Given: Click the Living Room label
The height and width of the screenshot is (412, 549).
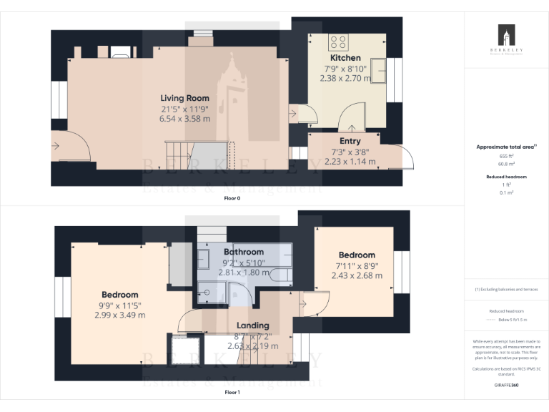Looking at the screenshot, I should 184,98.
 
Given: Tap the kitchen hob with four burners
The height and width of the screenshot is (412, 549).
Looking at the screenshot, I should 337,41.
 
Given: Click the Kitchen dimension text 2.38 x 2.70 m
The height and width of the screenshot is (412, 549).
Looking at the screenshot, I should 345,78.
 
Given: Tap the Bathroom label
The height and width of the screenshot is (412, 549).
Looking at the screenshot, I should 243,252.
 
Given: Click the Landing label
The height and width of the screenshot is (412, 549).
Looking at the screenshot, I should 252,325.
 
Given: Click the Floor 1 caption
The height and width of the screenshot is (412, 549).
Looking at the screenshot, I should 232,392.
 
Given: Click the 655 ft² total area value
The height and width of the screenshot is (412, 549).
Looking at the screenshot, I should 506,155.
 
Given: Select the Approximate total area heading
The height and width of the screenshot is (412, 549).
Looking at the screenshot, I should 506,147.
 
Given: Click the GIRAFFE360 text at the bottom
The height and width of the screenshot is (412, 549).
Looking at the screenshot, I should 506,385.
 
